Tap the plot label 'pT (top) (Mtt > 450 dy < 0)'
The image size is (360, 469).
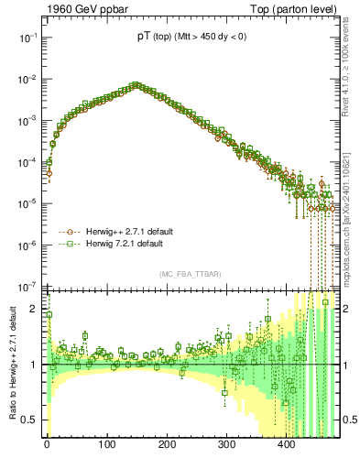coord(191,36)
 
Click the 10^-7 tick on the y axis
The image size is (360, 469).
coord(29,286)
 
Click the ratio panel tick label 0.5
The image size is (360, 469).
coord(31,420)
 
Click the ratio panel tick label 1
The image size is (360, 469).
coord(36,365)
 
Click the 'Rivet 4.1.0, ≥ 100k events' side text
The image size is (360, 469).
coord(350,73)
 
